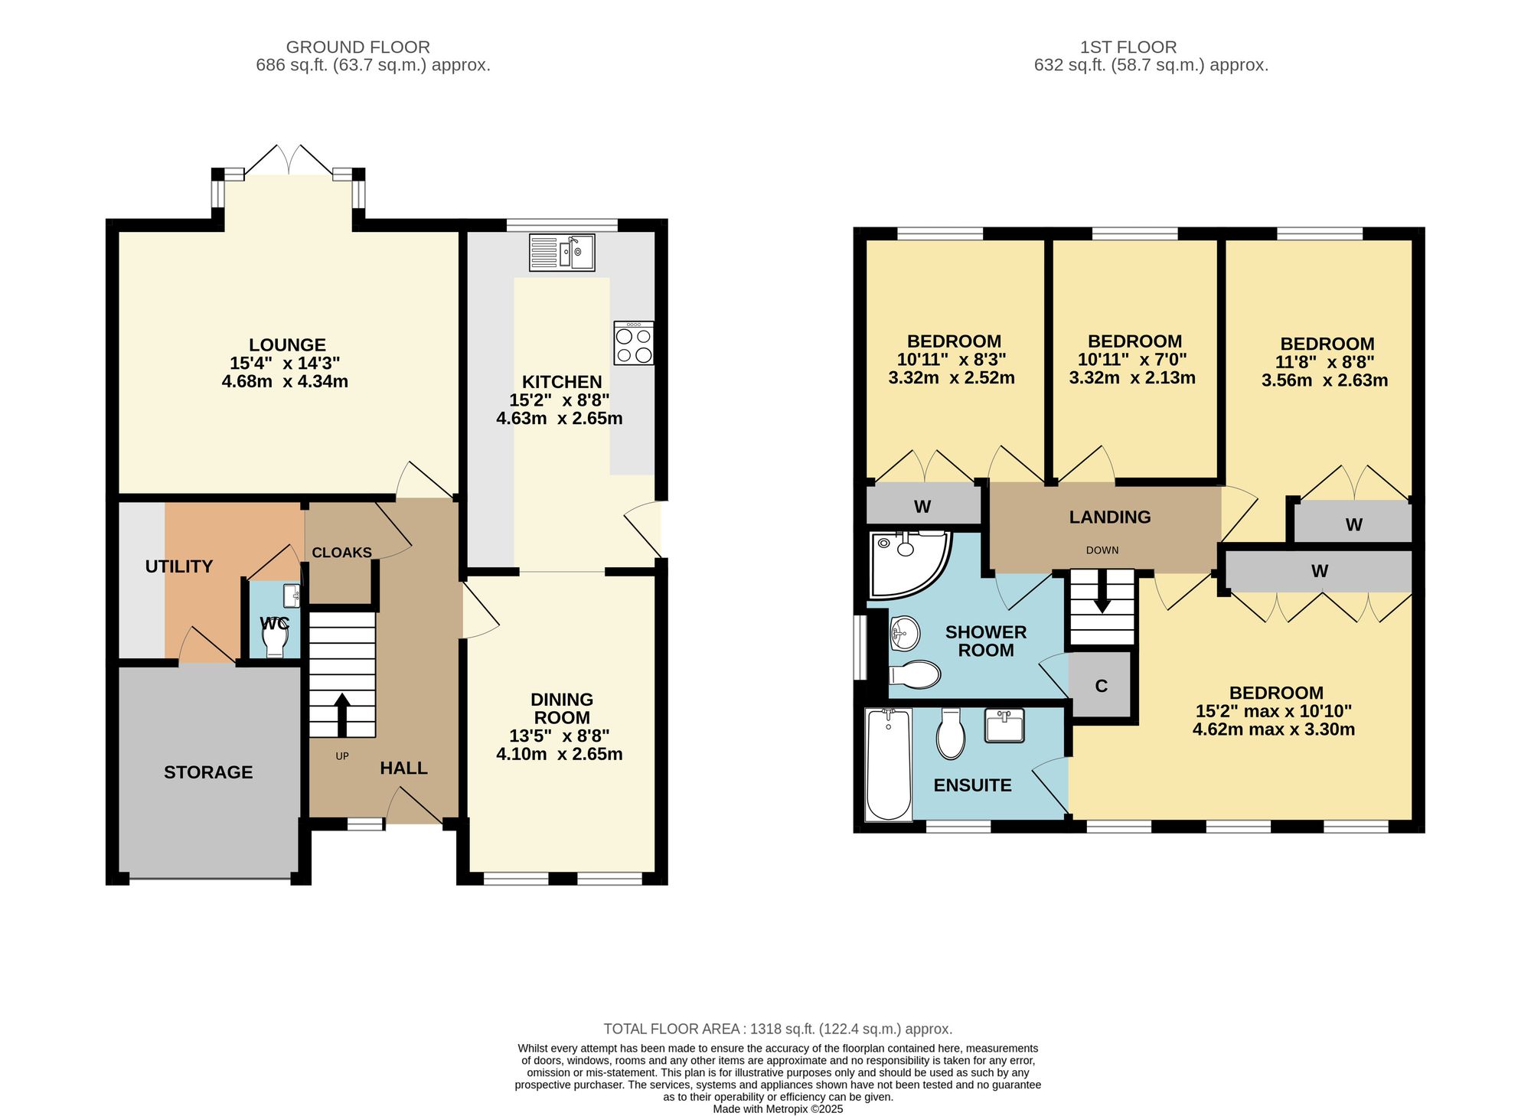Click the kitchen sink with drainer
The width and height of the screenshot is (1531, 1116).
coord(562,252)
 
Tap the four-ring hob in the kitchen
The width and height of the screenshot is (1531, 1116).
coord(634,343)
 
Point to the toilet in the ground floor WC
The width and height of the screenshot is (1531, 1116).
coord(275,636)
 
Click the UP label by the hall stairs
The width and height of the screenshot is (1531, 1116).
coord(342,756)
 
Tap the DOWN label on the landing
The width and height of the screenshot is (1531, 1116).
coord(1102,550)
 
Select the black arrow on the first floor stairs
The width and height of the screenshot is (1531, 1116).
coord(1102,593)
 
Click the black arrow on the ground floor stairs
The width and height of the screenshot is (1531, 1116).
coord(342,715)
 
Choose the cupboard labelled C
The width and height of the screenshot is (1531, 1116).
coord(1101,685)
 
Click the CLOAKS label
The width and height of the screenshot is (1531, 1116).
coord(341,553)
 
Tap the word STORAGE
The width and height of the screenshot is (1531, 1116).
coord(208,772)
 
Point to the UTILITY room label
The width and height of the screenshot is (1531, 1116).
coord(179,566)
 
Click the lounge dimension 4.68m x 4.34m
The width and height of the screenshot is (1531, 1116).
coord(285,381)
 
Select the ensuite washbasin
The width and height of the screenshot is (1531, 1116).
coord(1004,726)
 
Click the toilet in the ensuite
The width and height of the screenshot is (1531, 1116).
coord(951,733)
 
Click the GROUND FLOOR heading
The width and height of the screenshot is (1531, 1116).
coord(357,47)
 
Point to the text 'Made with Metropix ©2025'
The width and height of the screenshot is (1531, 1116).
coord(778,1109)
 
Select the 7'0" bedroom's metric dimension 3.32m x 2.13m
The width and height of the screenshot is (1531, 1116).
coord(1132,377)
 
